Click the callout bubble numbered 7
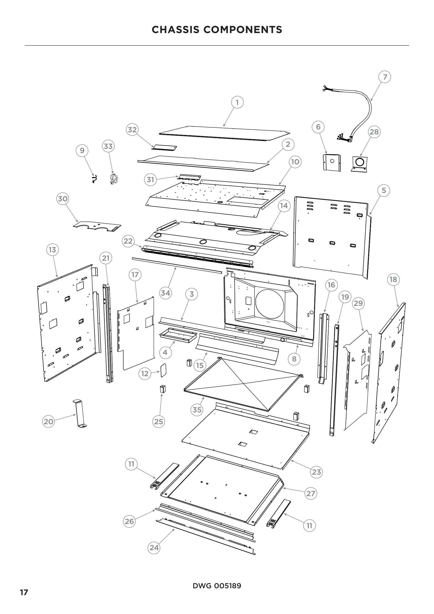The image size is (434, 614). (x=385, y=77)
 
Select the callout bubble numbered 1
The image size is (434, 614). (x=237, y=102)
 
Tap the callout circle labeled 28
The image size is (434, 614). (x=374, y=132)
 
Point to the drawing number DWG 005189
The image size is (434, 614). (x=217, y=586)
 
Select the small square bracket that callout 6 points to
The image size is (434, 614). (x=332, y=162)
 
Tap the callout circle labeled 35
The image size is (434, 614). (x=197, y=410)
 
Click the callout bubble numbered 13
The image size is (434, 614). (x=52, y=250)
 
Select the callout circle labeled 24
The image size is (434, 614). (x=154, y=548)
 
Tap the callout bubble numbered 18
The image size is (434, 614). (x=393, y=280)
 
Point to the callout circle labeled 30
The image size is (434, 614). (x=63, y=199)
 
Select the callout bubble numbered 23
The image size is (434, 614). (x=316, y=472)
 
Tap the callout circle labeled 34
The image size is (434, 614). (x=165, y=293)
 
